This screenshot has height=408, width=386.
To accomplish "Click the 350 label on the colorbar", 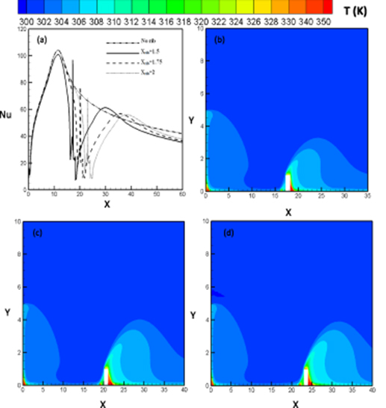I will (325, 21).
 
